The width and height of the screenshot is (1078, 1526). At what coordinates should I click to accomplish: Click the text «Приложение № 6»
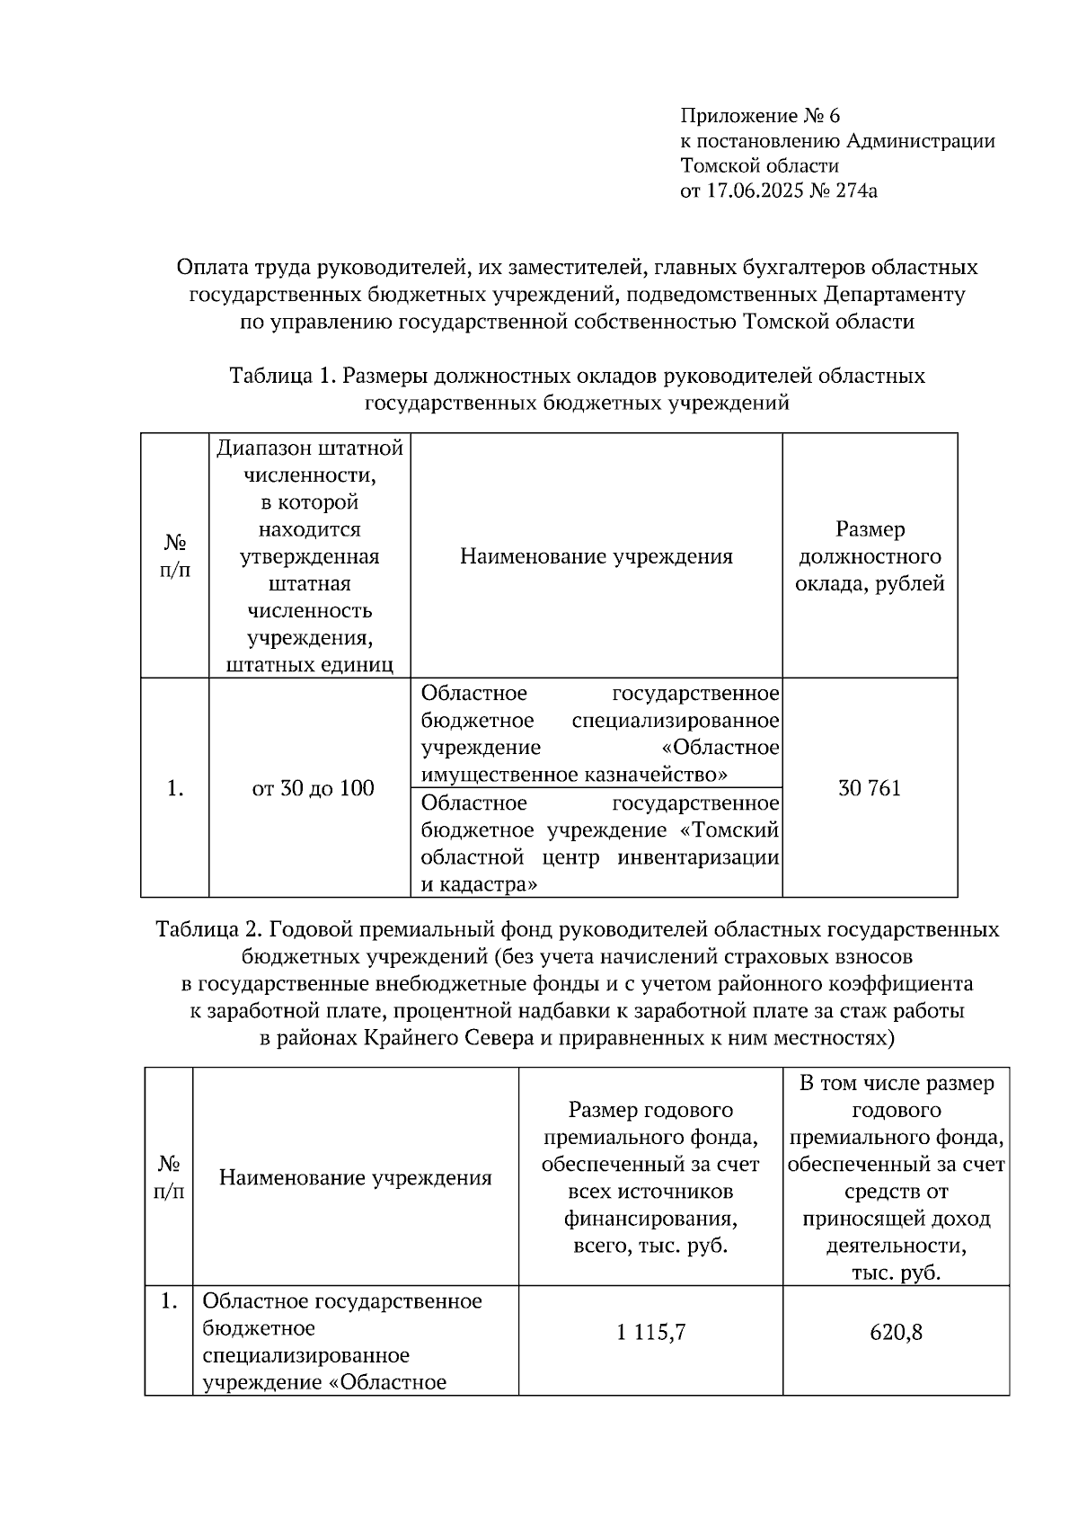[760, 116]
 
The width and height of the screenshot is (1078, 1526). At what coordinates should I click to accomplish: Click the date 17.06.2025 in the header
[753, 191]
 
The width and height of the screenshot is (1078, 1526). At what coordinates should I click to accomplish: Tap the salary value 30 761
[869, 788]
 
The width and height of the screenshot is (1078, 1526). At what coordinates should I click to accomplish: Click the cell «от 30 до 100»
[313, 788]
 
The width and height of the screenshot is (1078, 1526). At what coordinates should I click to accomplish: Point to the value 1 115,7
[651, 1332]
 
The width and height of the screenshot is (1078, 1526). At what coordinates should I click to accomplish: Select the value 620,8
[896, 1332]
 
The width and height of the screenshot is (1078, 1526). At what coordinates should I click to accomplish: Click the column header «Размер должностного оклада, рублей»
[870, 556]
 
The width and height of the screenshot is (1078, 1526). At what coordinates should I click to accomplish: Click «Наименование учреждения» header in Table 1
[596, 556]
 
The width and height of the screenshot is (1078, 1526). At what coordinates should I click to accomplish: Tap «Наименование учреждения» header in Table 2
[356, 1177]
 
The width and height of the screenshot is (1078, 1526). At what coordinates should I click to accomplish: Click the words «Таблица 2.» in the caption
[209, 928]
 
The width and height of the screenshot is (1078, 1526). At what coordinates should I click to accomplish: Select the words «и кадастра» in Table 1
[480, 884]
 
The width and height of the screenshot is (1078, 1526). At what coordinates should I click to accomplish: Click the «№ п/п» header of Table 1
[175, 556]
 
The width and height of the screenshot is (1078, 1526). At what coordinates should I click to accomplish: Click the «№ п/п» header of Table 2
[169, 1177]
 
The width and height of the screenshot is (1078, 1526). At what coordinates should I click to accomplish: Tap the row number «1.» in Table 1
[175, 788]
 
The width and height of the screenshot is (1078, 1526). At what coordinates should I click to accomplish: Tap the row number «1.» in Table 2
[168, 1301]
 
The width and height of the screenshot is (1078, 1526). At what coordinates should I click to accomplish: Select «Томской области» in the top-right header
[759, 165]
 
